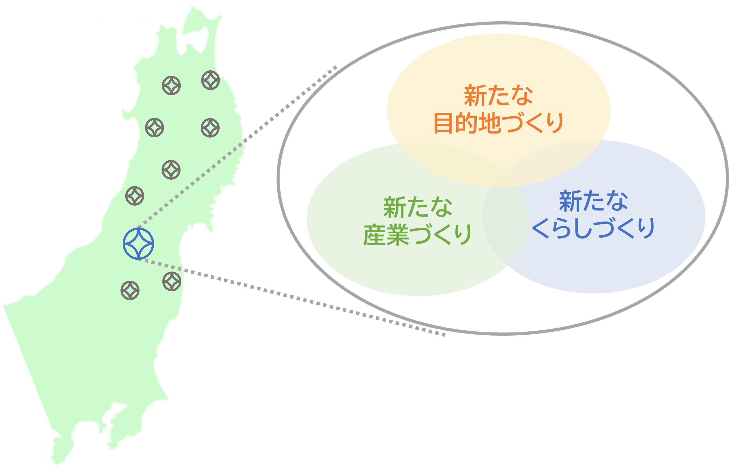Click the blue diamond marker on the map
[x=138, y=244]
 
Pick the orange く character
[x=534, y=123]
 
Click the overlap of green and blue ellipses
[x=505, y=226]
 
